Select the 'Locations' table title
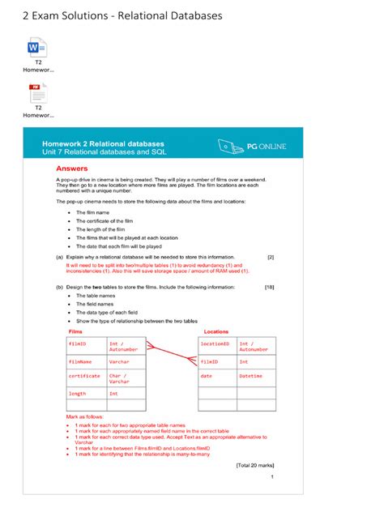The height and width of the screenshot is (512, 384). pos(216,331)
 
